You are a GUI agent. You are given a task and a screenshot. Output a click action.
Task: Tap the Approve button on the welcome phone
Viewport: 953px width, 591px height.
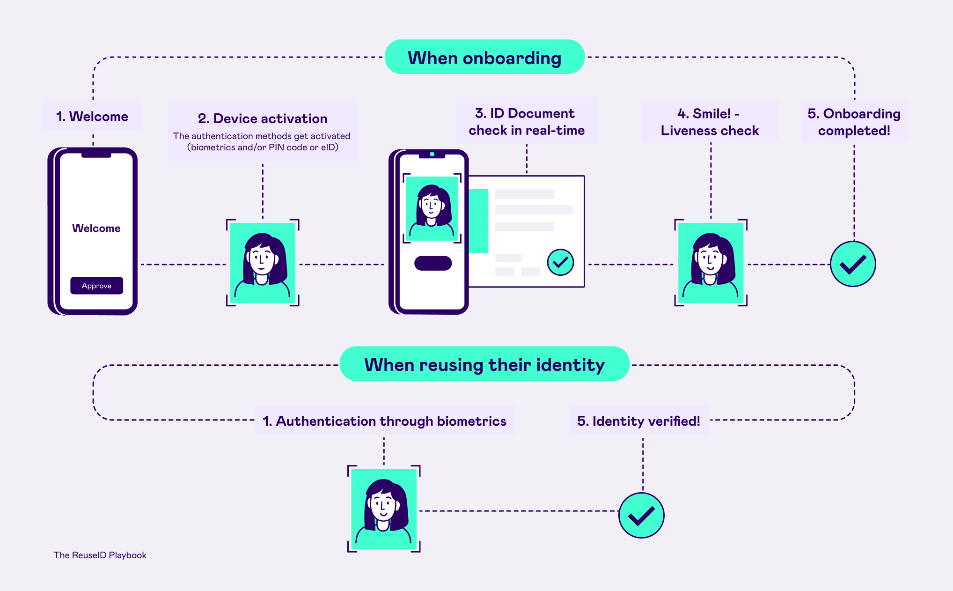(96, 286)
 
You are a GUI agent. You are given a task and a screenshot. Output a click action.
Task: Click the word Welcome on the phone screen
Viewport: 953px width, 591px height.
(96, 228)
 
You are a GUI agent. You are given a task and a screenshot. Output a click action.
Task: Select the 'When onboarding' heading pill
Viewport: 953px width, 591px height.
(484, 57)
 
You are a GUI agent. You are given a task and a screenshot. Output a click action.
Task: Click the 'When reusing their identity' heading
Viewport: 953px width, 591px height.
(484, 364)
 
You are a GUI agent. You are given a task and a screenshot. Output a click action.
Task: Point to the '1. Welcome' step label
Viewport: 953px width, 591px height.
(92, 116)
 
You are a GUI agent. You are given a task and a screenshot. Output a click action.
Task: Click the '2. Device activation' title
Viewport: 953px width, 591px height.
(263, 118)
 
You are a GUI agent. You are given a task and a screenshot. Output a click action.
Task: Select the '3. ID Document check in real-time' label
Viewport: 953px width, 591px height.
(527, 121)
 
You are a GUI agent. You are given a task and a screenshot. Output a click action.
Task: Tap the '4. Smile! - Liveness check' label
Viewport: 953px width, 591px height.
(710, 122)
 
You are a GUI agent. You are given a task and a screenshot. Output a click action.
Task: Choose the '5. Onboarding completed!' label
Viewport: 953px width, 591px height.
(854, 122)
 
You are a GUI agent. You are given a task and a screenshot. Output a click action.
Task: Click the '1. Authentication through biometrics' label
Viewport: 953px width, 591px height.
(384, 421)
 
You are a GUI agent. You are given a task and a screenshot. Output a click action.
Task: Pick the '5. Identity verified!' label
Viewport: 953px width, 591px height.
(638, 421)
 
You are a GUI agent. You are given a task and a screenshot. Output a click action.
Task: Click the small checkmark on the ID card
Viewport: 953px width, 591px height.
(560, 262)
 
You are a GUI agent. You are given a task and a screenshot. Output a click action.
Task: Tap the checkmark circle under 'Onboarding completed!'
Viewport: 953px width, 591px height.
(853, 264)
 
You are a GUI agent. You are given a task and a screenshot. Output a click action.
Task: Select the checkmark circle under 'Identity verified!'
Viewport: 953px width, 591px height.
(641, 515)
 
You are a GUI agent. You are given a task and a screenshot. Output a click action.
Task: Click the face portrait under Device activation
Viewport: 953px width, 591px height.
(263, 262)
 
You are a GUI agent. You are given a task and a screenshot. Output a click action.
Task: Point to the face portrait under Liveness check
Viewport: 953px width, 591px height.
(711, 262)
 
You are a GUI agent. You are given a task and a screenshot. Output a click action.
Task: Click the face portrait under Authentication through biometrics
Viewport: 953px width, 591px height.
(384, 509)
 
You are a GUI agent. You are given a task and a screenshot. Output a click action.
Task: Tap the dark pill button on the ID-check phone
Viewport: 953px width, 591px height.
(433, 263)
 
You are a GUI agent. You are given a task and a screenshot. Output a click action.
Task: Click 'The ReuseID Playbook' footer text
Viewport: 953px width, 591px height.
(100, 555)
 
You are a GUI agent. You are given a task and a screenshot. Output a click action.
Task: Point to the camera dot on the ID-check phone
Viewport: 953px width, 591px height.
(432, 154)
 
